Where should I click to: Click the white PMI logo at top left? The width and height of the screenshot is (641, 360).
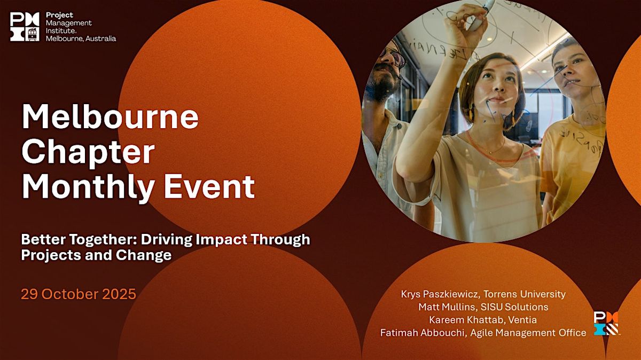click(x=25, y=27)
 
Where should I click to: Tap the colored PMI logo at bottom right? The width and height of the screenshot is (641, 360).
click(x=606, y=323)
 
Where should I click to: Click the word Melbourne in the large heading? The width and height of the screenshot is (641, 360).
click(x=110, y=118)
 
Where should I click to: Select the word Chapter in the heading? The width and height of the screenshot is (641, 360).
click(x=88, y=153)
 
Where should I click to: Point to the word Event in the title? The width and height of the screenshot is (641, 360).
click(x=209, y=186)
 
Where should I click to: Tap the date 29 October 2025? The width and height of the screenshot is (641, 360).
click(x=79, y=294)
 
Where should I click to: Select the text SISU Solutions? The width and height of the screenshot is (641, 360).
click(x=514, y=307)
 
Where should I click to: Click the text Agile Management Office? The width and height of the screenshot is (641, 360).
click(x=528, y=333)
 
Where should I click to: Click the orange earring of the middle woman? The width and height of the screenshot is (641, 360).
click(x=471, y=114)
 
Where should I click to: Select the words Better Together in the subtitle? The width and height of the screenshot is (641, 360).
click(x=77, y=239)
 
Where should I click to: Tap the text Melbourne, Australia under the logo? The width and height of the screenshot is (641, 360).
click(x=81, y=38)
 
